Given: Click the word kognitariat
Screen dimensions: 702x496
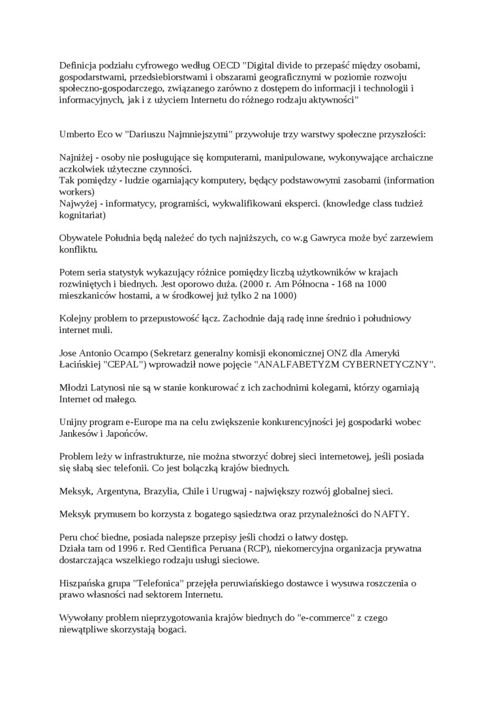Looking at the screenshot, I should pos(81,214).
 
